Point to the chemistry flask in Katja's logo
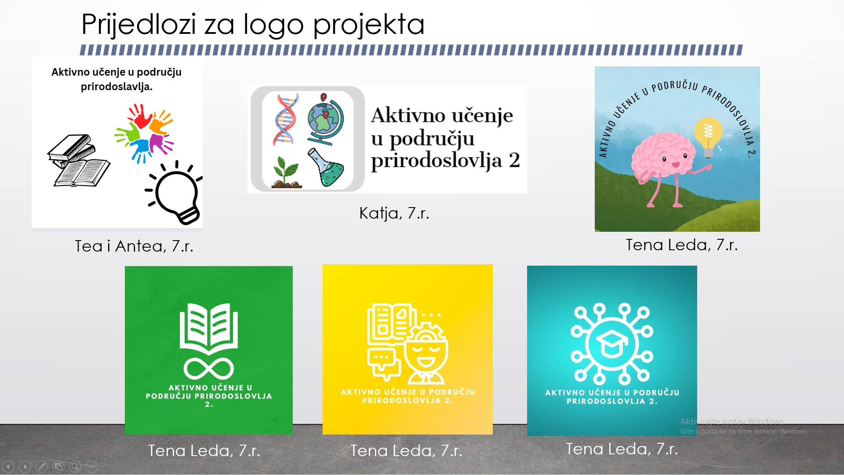pyautogui.click(x=326, y=168)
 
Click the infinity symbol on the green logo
pyautogui.click(x=209, y=369)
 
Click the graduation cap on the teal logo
pyautogui.click(x=612, y=343)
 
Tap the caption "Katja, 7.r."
pyautogui.click(x=394, y=213)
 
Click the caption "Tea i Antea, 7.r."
pyautogui.click(x=134, y=246)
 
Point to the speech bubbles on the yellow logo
pyautogui.click(x=384, y=365)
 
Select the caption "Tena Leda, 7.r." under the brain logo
pyautogui.click(x=682, y=245)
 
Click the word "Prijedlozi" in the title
pyautogui.click(x=139, y=26)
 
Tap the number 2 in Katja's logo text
pyautogui.click(x=514, y=160)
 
